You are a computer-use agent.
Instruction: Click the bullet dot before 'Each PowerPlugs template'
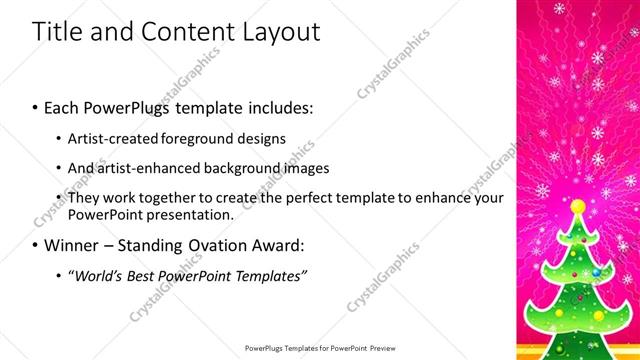click(36, 106)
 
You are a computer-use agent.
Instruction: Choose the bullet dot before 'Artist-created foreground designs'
click(59, 139)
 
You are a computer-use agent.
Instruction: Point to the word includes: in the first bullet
click(281, 105)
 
